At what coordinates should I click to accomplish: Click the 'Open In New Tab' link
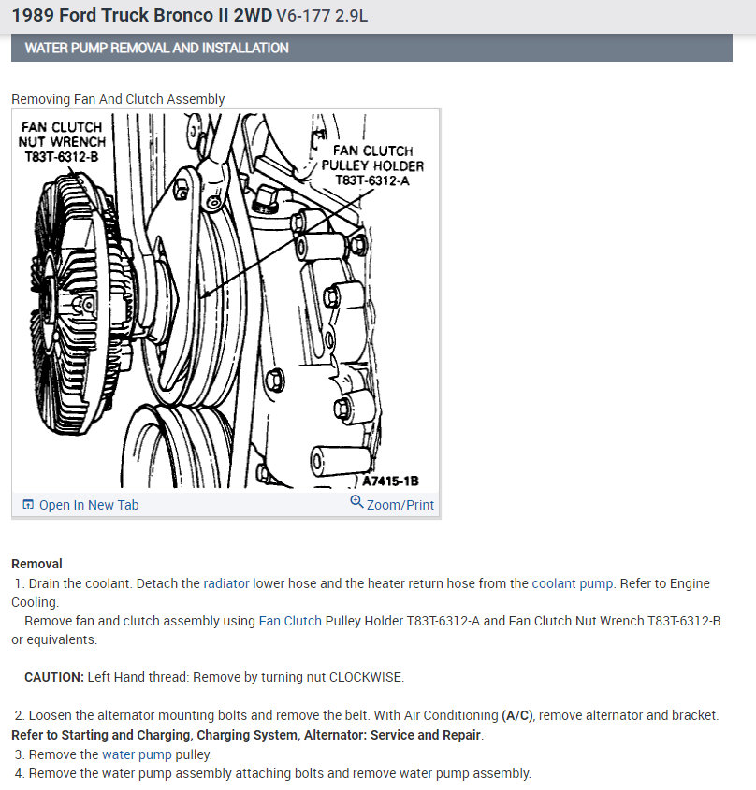point(88,505)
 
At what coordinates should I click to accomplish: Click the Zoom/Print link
point(400,505)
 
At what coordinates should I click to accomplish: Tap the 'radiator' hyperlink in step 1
point(226,583)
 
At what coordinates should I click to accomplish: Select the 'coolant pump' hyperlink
point(573,583)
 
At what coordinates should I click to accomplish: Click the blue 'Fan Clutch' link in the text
point(290,621)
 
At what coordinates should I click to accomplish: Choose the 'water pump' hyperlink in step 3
point(136,754)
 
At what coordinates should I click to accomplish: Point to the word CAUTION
point(53,677)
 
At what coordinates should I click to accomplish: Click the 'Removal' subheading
point(36,564)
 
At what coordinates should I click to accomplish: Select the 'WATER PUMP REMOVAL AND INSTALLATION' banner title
point(156,48)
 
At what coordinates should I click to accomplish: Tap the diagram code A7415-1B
point(390,481)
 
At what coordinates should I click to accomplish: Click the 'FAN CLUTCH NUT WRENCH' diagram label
point(62,142)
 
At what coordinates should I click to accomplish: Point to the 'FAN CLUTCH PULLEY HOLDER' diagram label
point(372,165)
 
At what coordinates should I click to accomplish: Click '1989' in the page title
point(33,16)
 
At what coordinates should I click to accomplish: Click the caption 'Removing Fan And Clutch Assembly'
point(118,99)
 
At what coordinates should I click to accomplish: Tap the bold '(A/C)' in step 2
point(517,715)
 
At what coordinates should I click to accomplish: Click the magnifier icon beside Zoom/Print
point(356,502)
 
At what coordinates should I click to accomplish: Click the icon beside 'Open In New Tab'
point(28,505)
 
